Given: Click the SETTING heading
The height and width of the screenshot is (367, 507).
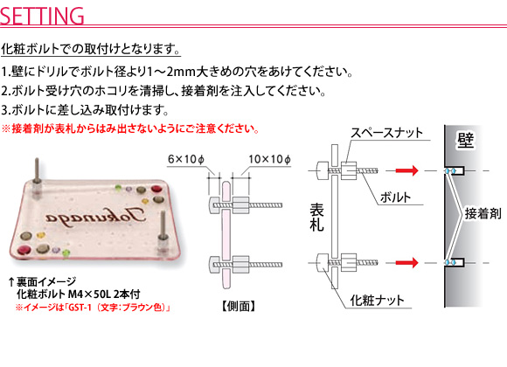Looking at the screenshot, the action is (x=42, y=16).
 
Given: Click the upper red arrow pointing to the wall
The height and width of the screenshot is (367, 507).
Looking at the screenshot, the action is (x=407, y=170).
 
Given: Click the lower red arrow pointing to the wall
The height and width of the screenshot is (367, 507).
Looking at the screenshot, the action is (x=407, y=262).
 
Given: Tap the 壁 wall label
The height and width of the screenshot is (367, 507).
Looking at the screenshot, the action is (x=465, y=141).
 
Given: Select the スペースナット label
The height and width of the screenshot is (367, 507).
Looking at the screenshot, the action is (x=386, y=133).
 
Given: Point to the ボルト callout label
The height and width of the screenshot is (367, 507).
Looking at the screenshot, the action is (x=395, y=197).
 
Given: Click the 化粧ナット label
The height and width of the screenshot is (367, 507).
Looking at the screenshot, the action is (x=377, y=301).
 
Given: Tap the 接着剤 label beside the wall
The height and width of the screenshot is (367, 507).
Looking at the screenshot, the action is (x=483, y=214).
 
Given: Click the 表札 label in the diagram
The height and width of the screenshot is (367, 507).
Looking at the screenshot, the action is (x=316, y=218).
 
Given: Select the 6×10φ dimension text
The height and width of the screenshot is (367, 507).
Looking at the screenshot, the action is (x=186, y=159).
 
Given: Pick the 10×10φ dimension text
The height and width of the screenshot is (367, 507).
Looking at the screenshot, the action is (x=269, y=159).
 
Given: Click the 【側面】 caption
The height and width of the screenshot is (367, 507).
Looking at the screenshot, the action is (x=239, y=306).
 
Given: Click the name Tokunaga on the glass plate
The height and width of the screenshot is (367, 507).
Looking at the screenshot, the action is (x=95, y=217).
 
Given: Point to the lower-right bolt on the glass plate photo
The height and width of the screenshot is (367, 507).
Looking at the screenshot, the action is (x=163, y=233).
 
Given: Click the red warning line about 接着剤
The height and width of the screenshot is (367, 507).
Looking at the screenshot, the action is (x=130, y=128).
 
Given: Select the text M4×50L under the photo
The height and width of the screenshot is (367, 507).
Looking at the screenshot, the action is (x=89, y=294).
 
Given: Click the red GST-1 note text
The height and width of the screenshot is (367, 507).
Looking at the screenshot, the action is (x=94, y=307).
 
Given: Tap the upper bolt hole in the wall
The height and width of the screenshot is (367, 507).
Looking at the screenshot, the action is (x=455, y=170).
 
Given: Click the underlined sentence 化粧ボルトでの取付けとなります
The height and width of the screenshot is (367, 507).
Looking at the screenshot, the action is (x=91, y=49).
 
